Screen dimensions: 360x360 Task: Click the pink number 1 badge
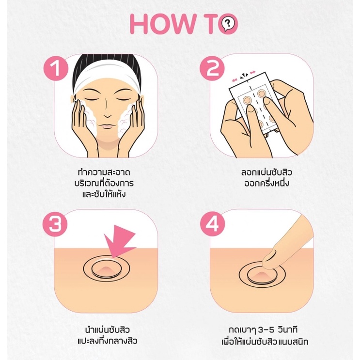56,68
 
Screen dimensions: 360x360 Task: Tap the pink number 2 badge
212,68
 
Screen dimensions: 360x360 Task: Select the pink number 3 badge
55,224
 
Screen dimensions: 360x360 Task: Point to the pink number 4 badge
212,224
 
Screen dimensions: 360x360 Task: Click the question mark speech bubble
228,24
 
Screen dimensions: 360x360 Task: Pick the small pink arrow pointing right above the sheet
252,72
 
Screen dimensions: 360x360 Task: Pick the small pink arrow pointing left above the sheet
235,80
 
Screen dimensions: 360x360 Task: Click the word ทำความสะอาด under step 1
104,172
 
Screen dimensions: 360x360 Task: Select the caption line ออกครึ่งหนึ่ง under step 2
266,184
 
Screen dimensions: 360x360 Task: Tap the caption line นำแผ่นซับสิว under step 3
108,330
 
